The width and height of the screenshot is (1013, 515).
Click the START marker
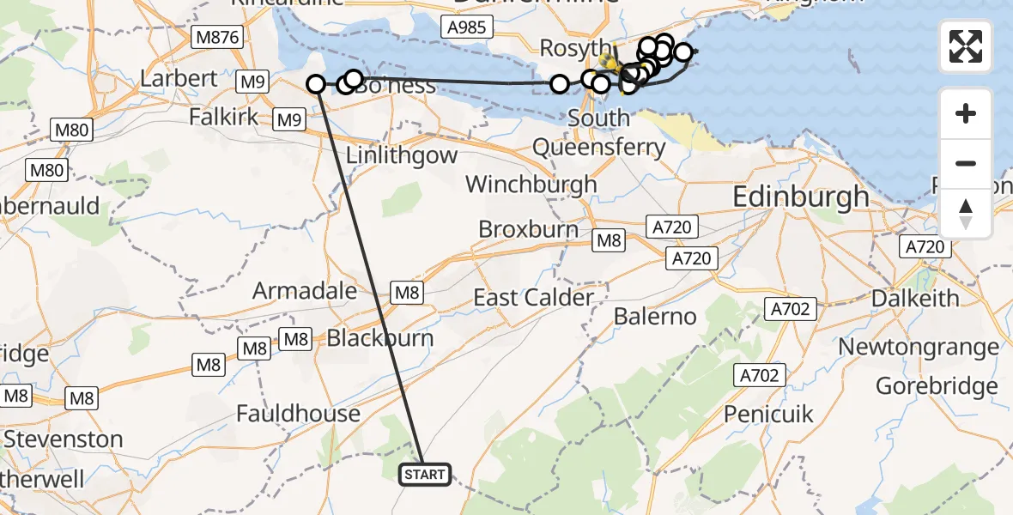(x=424, y=475)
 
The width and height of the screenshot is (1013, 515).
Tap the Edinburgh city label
(x=801, y=197)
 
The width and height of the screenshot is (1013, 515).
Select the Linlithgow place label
(x=402, y=156)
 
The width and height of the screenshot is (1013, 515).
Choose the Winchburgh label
(x=531, y=184)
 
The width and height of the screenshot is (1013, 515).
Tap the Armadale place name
(x=305, y=291)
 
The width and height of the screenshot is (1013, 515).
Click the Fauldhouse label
(x=299, y=414)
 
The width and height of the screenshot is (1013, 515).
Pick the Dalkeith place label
(x=915, y=298)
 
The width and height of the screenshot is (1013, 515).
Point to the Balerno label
(x=655, y=317)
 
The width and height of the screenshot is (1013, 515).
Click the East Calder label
(x=533, y=298)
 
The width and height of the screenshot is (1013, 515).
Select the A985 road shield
(x=467, y=27)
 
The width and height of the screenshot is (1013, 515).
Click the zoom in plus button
(x=966, y=113)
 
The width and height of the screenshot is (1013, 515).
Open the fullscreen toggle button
(x=966, y=46)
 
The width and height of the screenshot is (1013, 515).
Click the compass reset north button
(x=966, y=213)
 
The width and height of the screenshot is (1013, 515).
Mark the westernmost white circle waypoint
(x=316, y=84)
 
